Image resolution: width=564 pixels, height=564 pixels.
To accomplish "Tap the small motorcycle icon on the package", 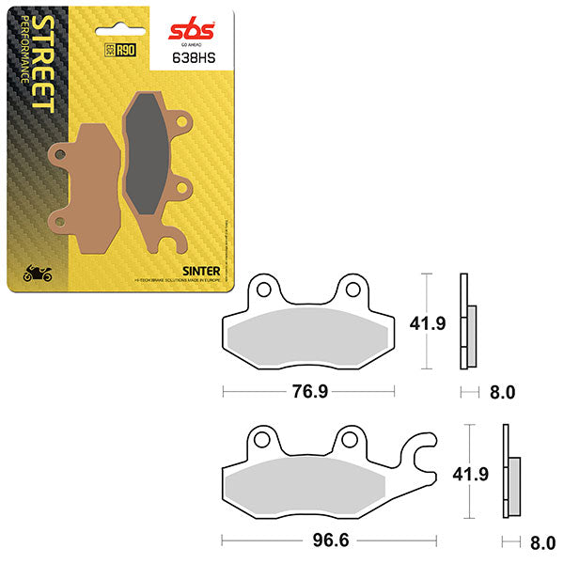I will point(37,274).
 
